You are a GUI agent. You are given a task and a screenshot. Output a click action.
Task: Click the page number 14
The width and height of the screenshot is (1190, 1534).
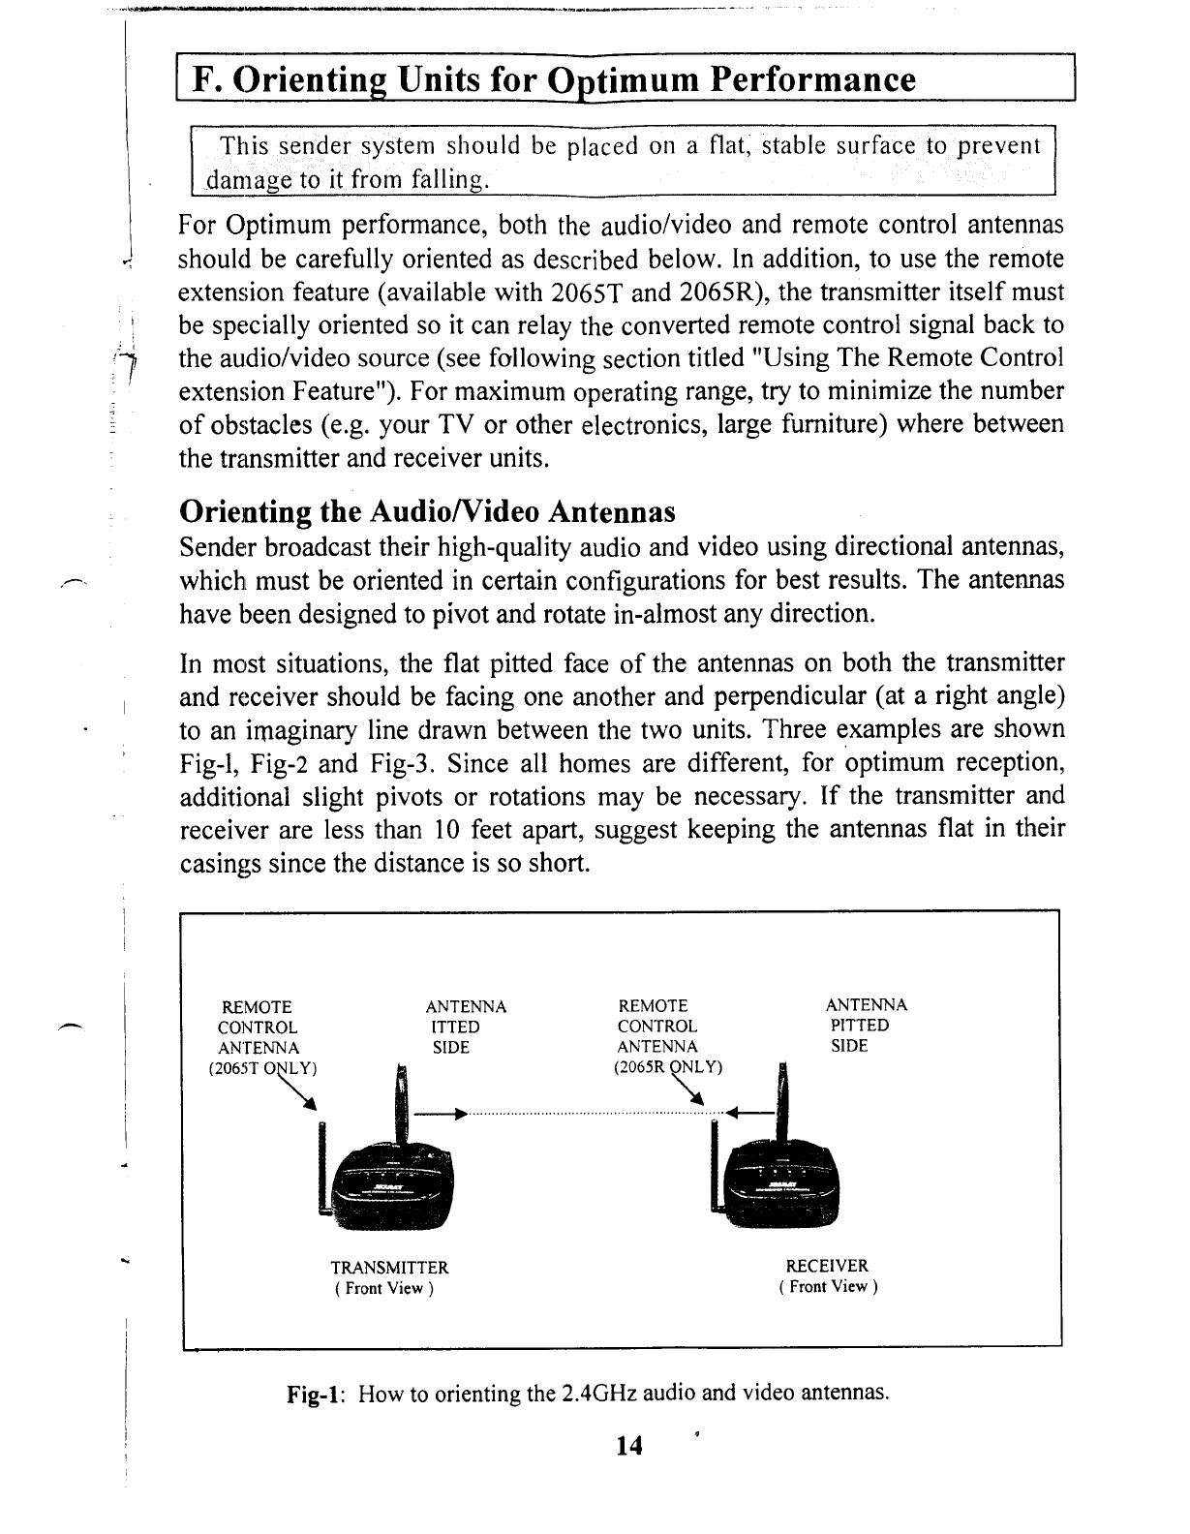click(x=628, y=1446)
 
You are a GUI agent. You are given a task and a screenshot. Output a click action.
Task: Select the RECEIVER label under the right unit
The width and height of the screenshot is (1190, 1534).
click(x=827, y=1266)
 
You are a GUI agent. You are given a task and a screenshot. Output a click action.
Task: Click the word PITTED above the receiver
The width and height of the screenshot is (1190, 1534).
click(x=860, y=1026)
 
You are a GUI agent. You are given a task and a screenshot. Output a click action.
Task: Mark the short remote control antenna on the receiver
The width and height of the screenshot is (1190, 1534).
click(x=716, y=1165)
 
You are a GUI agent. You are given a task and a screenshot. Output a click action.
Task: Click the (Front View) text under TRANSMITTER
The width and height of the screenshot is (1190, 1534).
click(x=383, y=1289)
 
